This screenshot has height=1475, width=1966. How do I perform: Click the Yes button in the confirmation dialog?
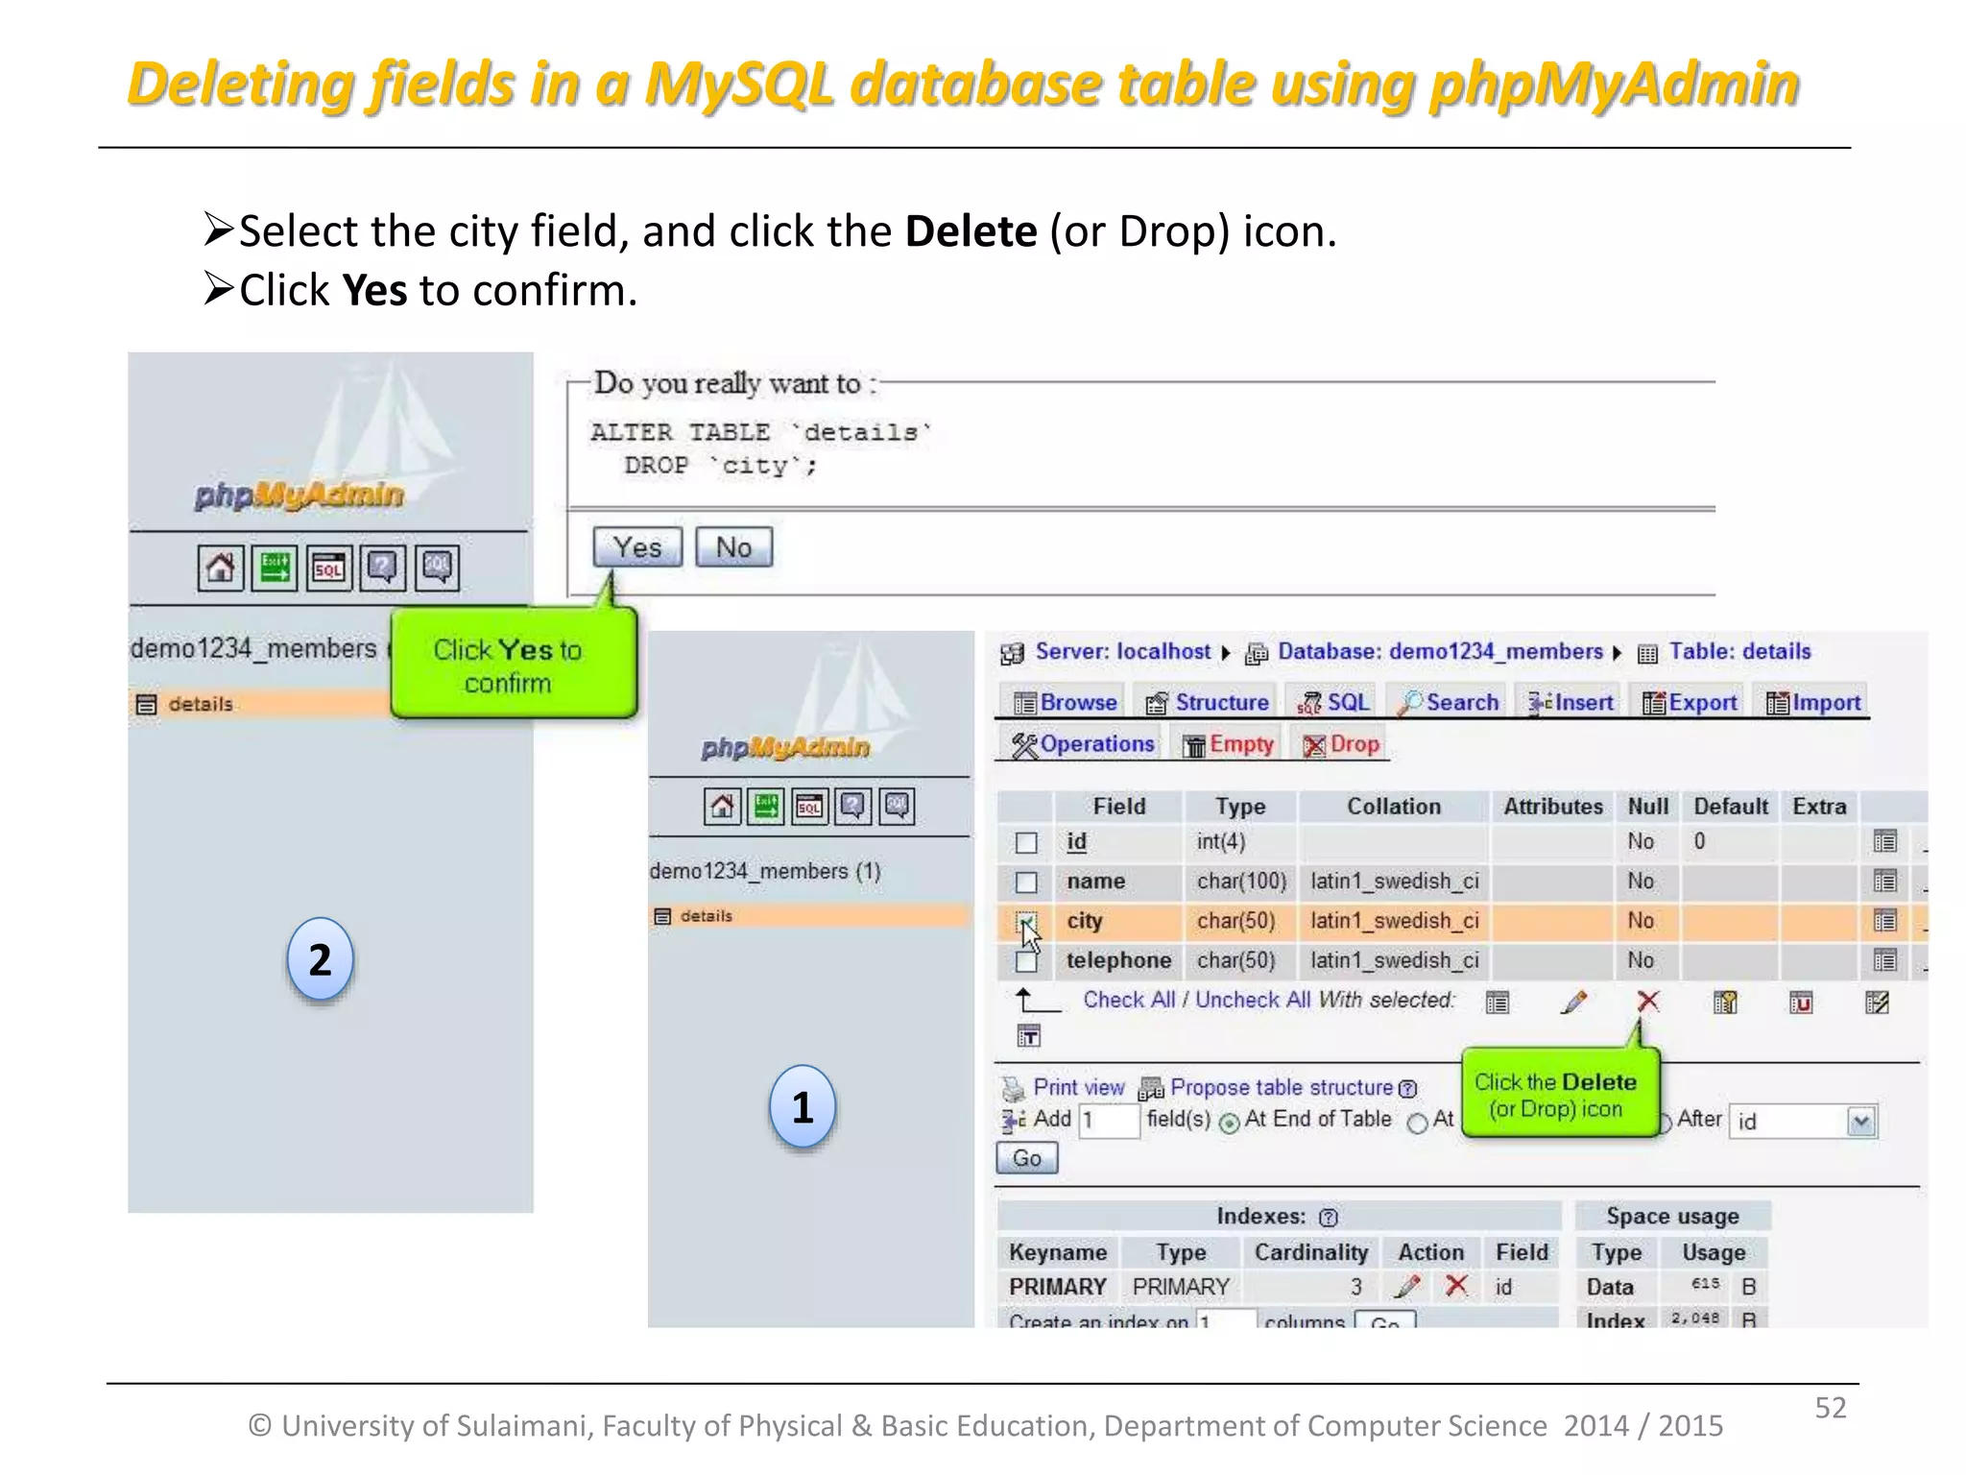tap(637, 547)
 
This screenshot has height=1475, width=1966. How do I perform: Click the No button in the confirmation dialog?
tap(733, 547)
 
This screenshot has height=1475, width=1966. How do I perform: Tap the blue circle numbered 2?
tap(321, 959)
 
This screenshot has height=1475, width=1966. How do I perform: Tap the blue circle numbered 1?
tap(803, 1107)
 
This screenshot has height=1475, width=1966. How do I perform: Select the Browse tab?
tap(1066, 703)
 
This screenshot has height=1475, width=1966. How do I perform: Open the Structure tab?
tap(1209, 703)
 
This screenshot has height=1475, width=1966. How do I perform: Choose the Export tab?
tap(1690, 703)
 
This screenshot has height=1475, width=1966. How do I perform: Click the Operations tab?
tap(1084, 744)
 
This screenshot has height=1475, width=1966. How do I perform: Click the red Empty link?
tap(1229, 744)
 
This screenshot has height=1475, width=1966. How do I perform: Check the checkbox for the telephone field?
tap(1026, 961)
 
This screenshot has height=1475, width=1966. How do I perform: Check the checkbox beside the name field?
tap(1026, 882)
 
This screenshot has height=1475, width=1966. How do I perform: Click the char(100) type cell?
tap(1241, 882)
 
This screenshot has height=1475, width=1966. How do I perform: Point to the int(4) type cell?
tap(1221, 842)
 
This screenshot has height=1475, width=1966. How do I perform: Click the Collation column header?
tap(1393, 807)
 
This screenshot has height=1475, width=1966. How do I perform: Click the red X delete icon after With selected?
tap(1648, 1003)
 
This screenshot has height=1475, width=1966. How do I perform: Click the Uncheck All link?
tap(1252, 1000)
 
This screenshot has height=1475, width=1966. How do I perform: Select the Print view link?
tap(1078, 1088)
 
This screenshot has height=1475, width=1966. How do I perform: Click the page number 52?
tap(1830, 1408)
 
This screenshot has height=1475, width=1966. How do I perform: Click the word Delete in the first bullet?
tap(971, 231)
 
